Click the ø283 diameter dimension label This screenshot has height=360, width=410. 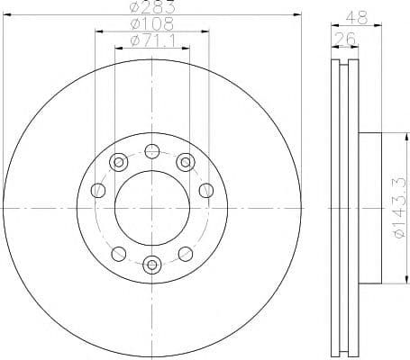[152, 6]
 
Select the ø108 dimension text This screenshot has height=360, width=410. [152, 23]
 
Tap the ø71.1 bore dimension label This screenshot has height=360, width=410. [152, 40]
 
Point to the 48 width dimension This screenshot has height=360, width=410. [357, 18]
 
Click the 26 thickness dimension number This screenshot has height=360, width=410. [344, 39]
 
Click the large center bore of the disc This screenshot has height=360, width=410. [152, 208]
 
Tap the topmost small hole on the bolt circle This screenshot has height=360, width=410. [151, 151]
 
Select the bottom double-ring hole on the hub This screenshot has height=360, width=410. [152, 265]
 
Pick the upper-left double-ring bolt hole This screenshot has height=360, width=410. [119, 162]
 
